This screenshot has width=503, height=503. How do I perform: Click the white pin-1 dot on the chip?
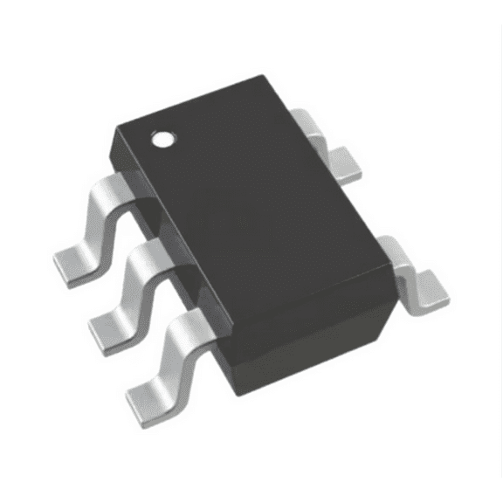coord(162,138)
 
